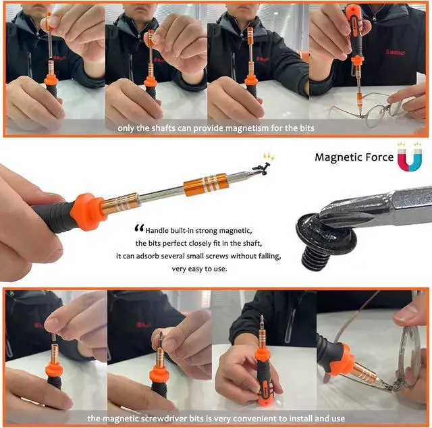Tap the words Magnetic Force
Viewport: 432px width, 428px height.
pyautogui.click(x=354, y=157)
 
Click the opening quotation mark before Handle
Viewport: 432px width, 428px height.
pyautogui.click(x=139, y=228)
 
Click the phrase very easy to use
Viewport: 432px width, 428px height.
pyautogui.click(x=200, y=269)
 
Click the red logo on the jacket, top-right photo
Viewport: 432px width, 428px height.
pyautogui.click(x=395, y=51)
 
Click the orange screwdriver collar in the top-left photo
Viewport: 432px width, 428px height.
pyautogui.click(x=51, y=79)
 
